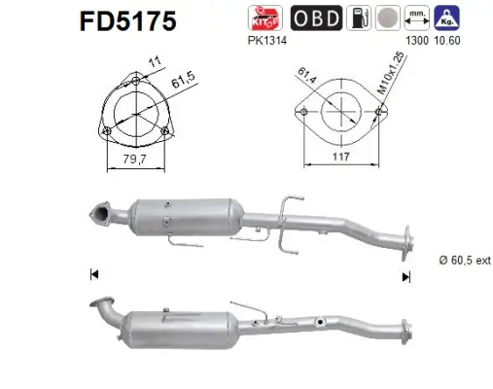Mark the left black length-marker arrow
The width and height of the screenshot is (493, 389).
[x=93, y=276]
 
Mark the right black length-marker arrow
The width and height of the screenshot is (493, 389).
[x=406, y=276]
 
